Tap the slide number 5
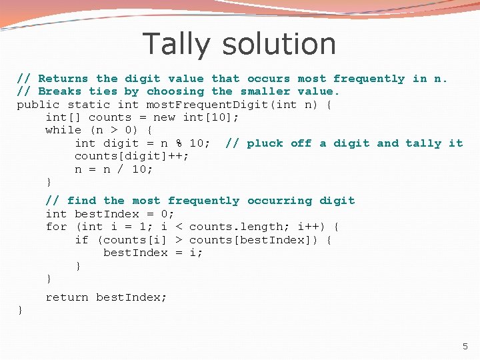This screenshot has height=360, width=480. (x=465, y=346)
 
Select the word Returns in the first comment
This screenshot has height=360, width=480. (x=63, y=79)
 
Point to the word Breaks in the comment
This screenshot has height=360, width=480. (x=60, y=91)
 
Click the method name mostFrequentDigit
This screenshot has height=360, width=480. (x=179, y=105)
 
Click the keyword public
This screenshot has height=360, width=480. (x=38, y=105)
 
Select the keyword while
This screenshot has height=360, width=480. (x=63, y=130)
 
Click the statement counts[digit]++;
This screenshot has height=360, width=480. (x=132, y=156)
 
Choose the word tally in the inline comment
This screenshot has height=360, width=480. (x=423, y=143)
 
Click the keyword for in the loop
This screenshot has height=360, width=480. (x=56, y=227)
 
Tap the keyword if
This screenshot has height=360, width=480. (x=81, y=240)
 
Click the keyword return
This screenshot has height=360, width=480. (x=67, y=297)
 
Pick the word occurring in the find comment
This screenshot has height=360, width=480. (x=279, y=201)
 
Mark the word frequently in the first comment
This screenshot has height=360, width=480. (x=369, y=79)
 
